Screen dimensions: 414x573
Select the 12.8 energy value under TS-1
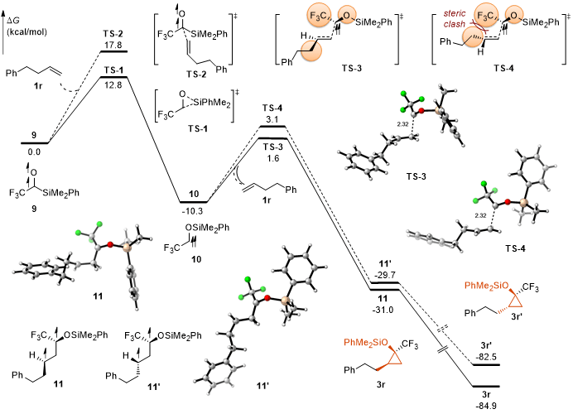tap(114, 84)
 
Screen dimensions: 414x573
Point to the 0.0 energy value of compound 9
tap(33, 152)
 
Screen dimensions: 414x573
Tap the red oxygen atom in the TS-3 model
tap(421, 109)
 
